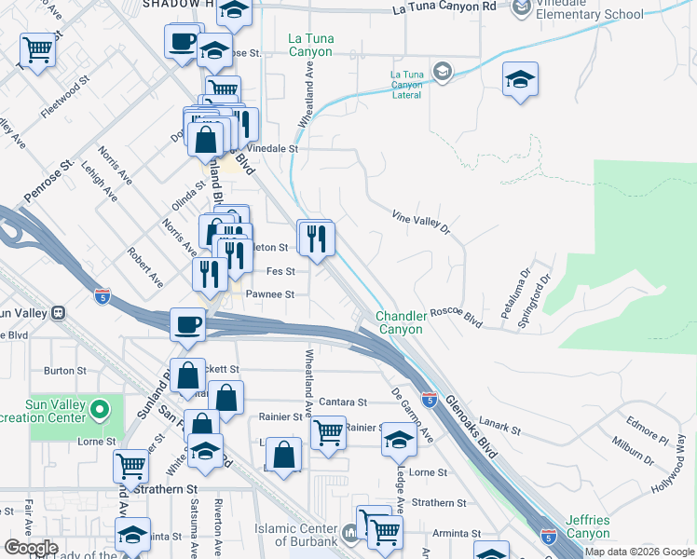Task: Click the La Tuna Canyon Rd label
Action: tap(444, 7)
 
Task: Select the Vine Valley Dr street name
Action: tap(420, 220)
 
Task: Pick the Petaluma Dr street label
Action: tap(514, 293)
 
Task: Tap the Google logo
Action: tap(31, 548)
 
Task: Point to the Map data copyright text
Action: tap(639, 552)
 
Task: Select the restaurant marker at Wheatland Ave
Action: tap(316, 238)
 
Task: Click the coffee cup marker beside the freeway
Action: tap(188, 323)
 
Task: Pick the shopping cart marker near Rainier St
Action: tap(328, 432)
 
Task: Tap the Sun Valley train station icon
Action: tap(58, 312)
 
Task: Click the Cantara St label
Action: tap(342, 402)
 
